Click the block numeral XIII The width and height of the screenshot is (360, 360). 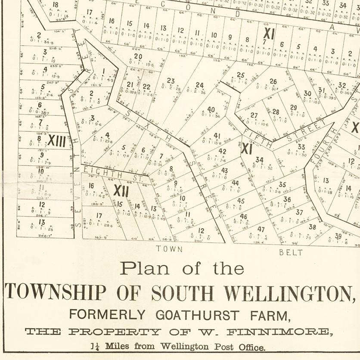pos(56,141)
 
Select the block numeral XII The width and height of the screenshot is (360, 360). pos(121,190)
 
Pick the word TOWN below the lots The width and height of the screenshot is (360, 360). pos(169,249)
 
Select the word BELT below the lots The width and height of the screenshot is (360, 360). pos(291,252)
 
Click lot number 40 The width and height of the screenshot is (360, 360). pos(211,109)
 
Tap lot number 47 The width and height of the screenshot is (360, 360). pos(261,229)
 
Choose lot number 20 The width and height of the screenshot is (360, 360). pos(138,56)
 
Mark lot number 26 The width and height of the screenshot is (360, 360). pos(273,81)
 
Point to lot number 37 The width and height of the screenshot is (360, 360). pos(299,212)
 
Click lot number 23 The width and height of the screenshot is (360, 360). pos(171,81)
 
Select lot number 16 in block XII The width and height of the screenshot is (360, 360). pos(91,186)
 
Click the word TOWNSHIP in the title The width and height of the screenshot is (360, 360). pos(55,293)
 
